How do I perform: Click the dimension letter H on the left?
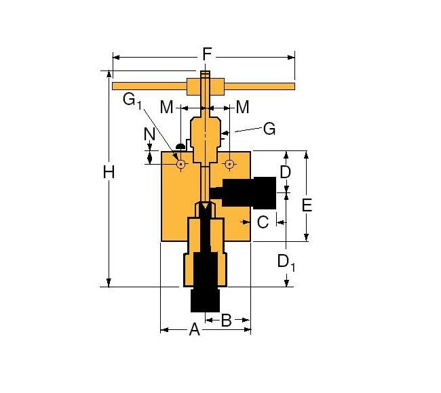coord(109,173)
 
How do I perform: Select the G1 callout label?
coord(132,101)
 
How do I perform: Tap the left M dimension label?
coord(167,107)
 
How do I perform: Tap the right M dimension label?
coord(242,107)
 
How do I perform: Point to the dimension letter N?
coord(150,135)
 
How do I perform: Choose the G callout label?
coord(269,128)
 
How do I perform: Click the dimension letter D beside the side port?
coord(285,172)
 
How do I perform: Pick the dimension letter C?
coord(263,221)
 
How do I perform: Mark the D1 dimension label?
coord(287,261)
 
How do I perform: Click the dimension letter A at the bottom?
coord(194,330)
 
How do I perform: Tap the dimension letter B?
coord(227,320)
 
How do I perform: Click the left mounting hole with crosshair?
coord(181,163)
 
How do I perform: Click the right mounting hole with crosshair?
coord(229,163)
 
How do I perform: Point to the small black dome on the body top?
coord(181,146)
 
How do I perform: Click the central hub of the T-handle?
coord(205,86)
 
